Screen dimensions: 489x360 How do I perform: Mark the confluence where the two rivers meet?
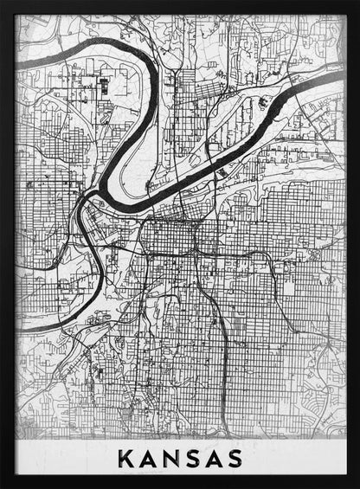coord(85,201)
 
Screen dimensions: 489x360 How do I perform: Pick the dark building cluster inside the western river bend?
coord(104,87)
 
